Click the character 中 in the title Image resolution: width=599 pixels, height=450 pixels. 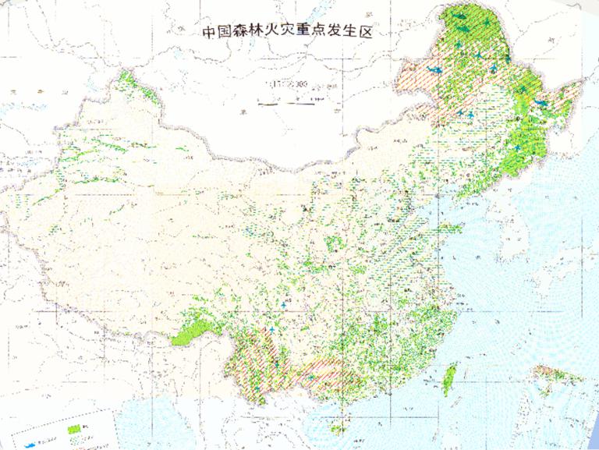click(209, 34)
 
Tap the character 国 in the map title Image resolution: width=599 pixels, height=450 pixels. click(230, 34)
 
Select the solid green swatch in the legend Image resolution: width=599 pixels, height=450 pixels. click(76, 429)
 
